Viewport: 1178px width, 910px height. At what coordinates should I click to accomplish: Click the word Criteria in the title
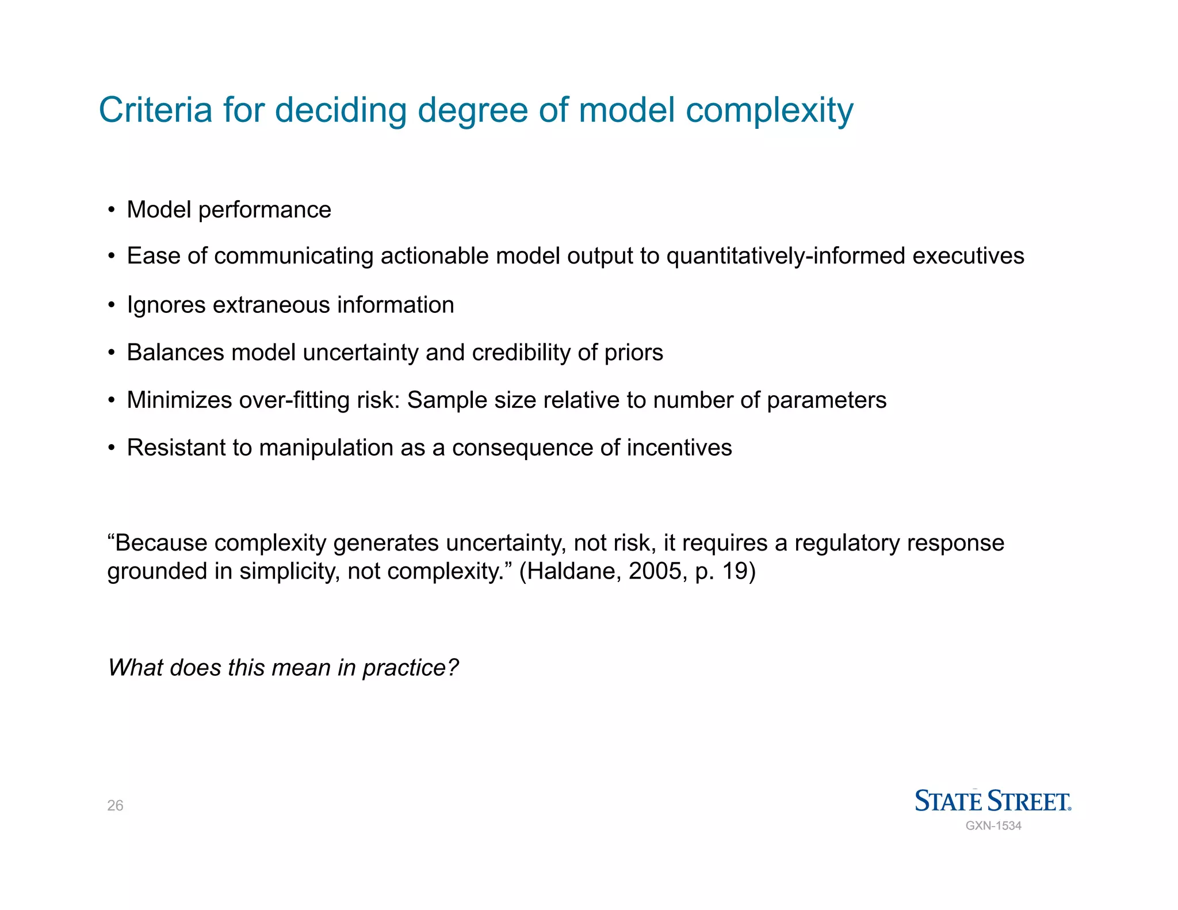coord(155,110)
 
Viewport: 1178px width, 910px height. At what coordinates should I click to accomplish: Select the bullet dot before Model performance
coord(112,210)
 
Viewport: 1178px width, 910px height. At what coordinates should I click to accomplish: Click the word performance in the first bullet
coord(265,210)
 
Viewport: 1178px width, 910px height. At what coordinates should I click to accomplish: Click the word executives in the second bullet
coord(968,256)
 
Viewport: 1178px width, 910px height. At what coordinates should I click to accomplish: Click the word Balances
coord(175,353)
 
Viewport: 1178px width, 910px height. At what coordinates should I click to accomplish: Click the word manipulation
coord(326,448)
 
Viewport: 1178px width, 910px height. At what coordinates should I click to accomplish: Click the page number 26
coord(115,805)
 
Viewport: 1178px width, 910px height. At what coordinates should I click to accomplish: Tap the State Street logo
coord(993,801)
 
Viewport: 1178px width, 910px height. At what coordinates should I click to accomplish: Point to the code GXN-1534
coord(993,826)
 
